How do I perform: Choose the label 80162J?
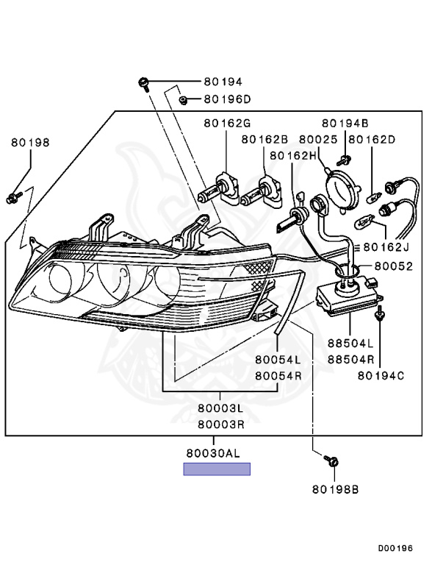(385, 247)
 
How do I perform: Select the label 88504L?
(350, 344)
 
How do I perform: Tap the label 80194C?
(381, 376)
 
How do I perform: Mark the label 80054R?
(278, 375)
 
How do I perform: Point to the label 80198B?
(334, 488)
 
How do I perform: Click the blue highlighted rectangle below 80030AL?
(217, 469)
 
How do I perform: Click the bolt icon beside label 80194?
(145, 82)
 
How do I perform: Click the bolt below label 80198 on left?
(13, 197)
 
